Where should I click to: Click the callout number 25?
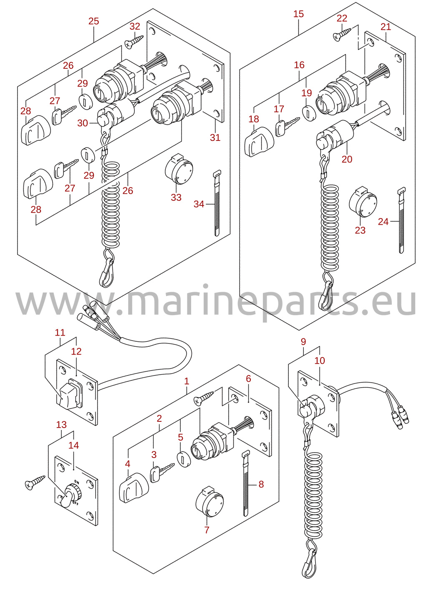tap(94, 21)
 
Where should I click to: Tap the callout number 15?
tap(298, 14)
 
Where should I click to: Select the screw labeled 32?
tap(134, 41)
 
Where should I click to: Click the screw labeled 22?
tap(342, 34)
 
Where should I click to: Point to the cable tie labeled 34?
tap(217, 203)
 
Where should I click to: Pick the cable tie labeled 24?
tap(401, 220)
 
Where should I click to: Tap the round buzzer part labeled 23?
tap(363, 202)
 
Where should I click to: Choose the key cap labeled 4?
tap(134, 488)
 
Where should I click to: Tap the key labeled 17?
tap(287, 126)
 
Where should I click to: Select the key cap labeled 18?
tap(259, 142)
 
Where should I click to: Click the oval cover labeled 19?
tap(309, 113)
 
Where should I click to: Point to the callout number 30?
tap(83, 123)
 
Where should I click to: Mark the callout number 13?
tap(61, 424)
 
